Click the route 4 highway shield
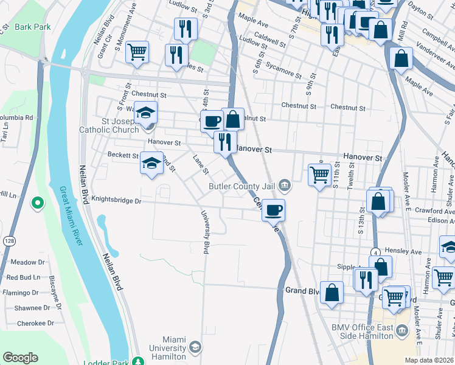(x=377, y=251)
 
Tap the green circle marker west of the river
(x=38, y=203)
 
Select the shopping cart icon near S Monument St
(x=137, y=51)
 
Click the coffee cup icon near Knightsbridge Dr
(x=274, y=210)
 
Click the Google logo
(x=21, y=357)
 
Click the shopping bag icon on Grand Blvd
(x=332, y=293)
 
